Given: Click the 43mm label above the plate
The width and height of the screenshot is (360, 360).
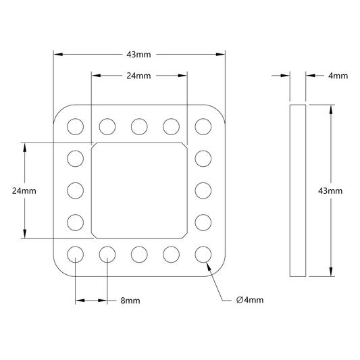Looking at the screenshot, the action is pyautogui.click(x=138, y=55).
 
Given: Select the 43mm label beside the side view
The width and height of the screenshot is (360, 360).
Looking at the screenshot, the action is pyautogui.click(x=330, y=190).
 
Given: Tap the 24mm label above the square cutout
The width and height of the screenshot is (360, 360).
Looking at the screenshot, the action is pyautogui.click(x=138, y=76).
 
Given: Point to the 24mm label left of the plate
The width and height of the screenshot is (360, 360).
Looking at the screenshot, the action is pyautogui.click(x=24, y=190).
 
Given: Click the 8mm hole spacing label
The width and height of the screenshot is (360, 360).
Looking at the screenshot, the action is pyautogui.click(x=130, y=301).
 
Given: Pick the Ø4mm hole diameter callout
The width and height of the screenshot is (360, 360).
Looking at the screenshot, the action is pyautogui.click(x=250, y=300).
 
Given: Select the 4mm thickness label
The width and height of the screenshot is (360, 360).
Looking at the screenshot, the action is pyautogui.click(x=338, y=76).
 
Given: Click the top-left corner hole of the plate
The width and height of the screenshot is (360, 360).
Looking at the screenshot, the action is pyautogui.click(x=75, y=126).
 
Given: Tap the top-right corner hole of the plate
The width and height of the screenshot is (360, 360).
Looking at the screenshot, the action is pyautogui.click(x=203, y=126).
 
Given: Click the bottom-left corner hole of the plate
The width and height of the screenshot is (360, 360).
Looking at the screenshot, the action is pyautogui.click(x=75, y=255).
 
